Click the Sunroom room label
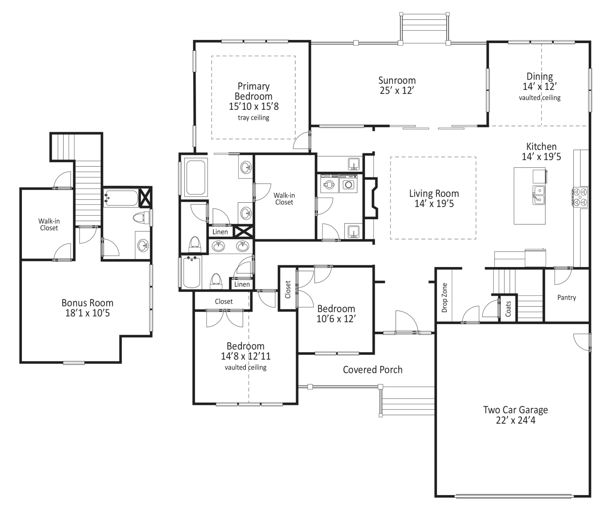[x=397, y=80]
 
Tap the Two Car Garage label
[x=515, y=410]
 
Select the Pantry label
[x=566, y=297]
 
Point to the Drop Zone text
[x=444, y=297]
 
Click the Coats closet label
[x=508, y=309]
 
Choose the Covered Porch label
[x=372, y=370]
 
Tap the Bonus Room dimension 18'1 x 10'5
[x=87, y=313]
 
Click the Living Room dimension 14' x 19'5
[x=434, y=204]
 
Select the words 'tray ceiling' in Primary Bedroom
[x=254, y=118]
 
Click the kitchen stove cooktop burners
[x=580, y=197]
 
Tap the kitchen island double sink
[x=539, y=195]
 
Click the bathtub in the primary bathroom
[x=195, y=177]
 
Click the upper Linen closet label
[x=220, y=232]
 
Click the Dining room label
[x=540, y=77]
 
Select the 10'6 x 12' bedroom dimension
[x=336, y=319]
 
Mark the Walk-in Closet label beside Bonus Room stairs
[x=49, y=225]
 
